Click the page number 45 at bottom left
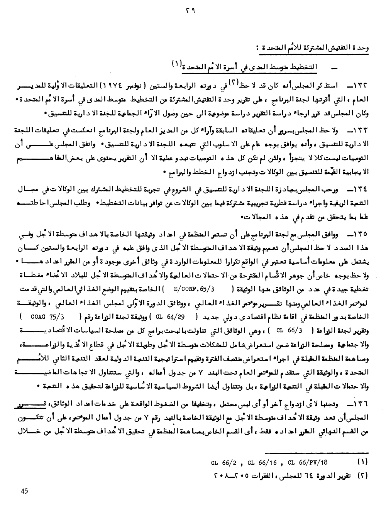25,491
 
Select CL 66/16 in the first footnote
262,462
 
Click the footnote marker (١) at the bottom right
362,462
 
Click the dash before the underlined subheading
334,68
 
